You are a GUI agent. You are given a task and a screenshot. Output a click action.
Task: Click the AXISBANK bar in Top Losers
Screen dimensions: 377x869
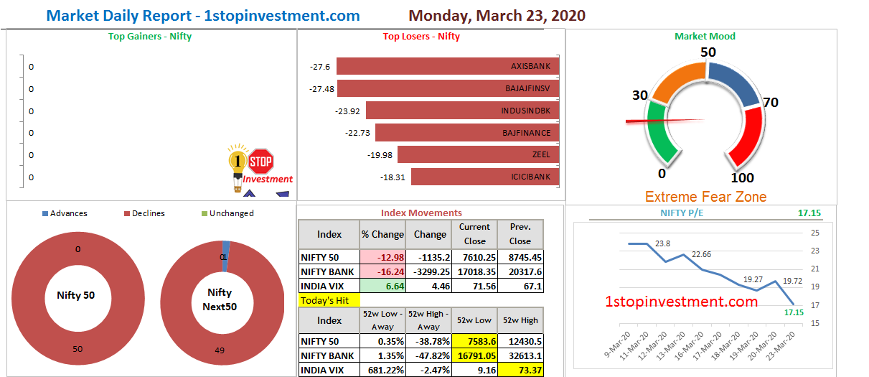point(448,66)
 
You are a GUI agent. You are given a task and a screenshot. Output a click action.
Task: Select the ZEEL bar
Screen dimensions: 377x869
point(478,154)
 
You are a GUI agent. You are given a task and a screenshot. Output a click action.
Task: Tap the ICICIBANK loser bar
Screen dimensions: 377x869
point(485,177)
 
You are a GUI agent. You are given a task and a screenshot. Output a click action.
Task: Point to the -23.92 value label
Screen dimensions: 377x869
point(348,111)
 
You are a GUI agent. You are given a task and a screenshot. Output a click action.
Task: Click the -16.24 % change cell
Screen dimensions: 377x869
point(382,272)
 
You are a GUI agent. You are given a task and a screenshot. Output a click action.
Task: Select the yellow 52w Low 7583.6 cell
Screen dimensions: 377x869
point(475,341)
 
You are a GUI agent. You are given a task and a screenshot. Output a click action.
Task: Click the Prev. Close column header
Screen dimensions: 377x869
point(520,234)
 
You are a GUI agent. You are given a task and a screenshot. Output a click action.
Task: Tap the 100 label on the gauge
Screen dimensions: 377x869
point(742,177)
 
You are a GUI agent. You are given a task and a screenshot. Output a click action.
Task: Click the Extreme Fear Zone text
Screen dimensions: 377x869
point(705,197)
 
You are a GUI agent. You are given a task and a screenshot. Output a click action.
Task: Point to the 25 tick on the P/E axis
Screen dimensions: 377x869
point(815,233)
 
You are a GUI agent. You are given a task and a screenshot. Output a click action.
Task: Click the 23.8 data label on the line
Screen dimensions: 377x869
point(662,243)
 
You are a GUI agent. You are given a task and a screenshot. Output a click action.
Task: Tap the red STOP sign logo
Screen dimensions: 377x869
point(260,162)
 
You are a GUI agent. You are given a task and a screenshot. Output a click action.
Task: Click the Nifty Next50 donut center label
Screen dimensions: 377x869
point(220,299)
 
